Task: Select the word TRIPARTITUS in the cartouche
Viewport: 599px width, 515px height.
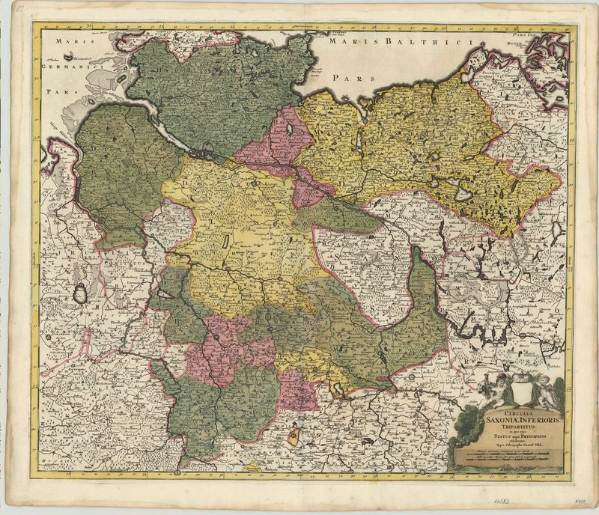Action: (x=506, y=427)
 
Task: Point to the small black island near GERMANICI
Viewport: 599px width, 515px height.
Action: (x=69, y=55)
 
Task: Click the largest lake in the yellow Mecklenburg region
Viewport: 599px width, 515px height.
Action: (x=465, y=194)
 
